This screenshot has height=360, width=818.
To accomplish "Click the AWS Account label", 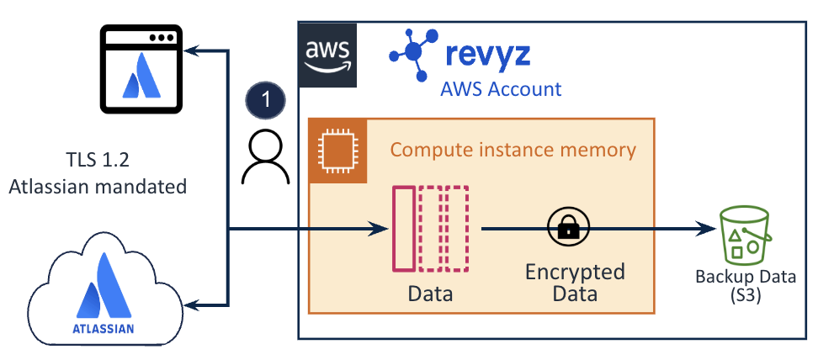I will [501, 88].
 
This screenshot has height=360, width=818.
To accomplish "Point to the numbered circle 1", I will [265, 99].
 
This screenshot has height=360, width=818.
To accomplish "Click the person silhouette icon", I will [265, 158].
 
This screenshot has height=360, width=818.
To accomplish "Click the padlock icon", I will [569, 228].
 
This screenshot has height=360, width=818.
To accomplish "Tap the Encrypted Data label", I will [575, 283].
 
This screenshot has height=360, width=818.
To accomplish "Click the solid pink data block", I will [403, 230].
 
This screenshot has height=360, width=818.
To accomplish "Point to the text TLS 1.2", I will [98, 160].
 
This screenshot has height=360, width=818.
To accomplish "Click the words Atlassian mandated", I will [98, 186].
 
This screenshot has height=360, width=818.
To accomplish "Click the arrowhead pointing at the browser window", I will [194, 52].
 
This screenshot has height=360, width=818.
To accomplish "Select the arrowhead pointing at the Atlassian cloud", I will [194, 304].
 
